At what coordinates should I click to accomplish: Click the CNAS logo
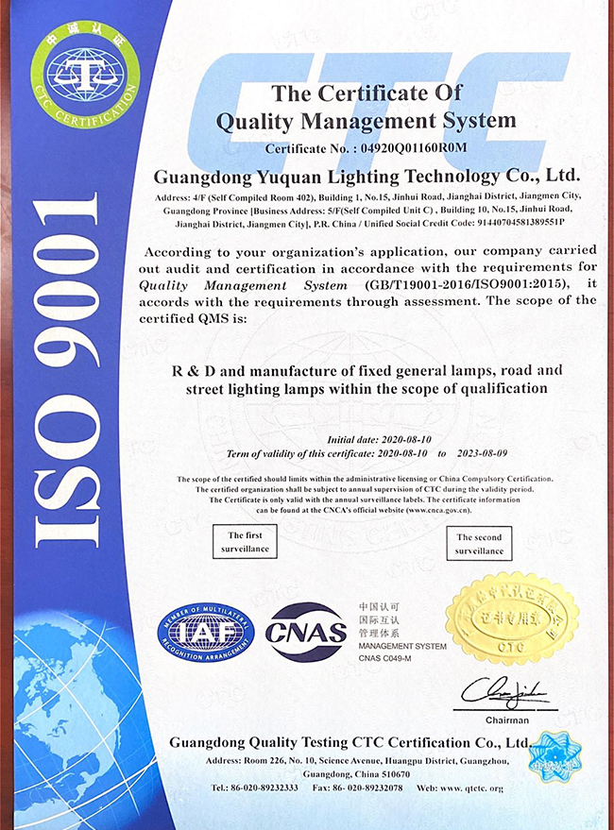click(305, 630)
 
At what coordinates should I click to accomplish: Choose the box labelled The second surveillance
click(480, 544)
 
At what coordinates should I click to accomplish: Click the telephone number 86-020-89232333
click(248, 788)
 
